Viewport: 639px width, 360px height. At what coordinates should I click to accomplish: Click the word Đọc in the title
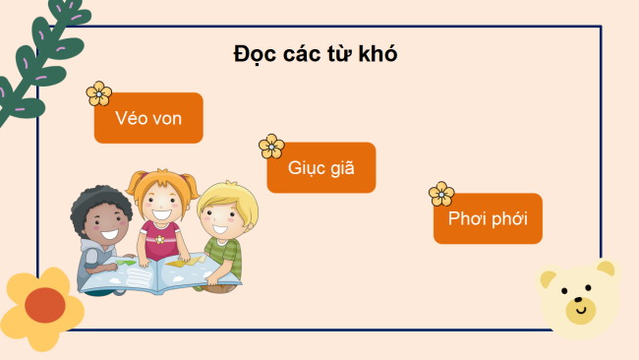click(x=255, y=53)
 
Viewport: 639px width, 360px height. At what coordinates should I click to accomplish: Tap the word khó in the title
click(x=377, y=53)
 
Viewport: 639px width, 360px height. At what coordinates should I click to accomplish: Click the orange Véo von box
click(x=148, y=118)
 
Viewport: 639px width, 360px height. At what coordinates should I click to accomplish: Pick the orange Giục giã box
click(x=320, y=168)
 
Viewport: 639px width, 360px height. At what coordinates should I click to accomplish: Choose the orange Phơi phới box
click(x=488, y=218)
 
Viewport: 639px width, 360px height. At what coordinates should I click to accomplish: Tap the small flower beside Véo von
click(x=99, y=93)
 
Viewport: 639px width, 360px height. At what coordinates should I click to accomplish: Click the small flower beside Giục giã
click(x=271, y=147)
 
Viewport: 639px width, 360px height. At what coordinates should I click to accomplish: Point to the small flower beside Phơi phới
click(x=441, y=195)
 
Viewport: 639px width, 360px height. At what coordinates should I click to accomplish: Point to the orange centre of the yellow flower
click(x=44, y=305)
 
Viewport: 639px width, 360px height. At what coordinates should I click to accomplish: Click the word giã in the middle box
click(x=336, y=168)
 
